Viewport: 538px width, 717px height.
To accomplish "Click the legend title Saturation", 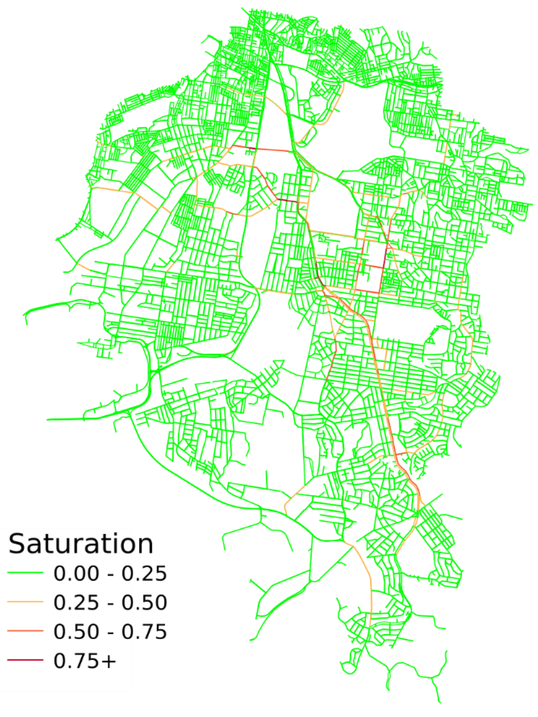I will (x=80, y=544).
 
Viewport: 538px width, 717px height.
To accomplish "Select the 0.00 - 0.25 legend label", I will (x=110, y=573).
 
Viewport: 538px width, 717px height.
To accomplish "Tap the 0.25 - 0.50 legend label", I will (x=110, y=602).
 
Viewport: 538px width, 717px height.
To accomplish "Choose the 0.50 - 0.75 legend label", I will (x=110, y=631).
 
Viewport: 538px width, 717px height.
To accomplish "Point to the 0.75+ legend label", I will (x=84, y=660).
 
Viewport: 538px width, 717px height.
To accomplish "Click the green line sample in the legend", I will (x=25, y=573).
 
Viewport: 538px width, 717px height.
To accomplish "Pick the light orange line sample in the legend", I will (x=25, y=602).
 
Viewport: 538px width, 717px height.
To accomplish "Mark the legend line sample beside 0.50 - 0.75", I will (x=25, y=631).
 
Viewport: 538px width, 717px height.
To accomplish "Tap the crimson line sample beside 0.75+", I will (x=25, y=660).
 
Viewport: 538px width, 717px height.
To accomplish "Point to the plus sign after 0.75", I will (x=108, y=661).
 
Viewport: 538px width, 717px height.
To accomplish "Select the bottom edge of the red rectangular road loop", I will (x=368, y=292).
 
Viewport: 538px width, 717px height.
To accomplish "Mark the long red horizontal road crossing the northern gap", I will (x=261, y=149).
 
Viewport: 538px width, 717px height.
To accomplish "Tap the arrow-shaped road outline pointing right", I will (x=277, y=363).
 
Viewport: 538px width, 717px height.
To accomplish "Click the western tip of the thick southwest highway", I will (x=48, y=419).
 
